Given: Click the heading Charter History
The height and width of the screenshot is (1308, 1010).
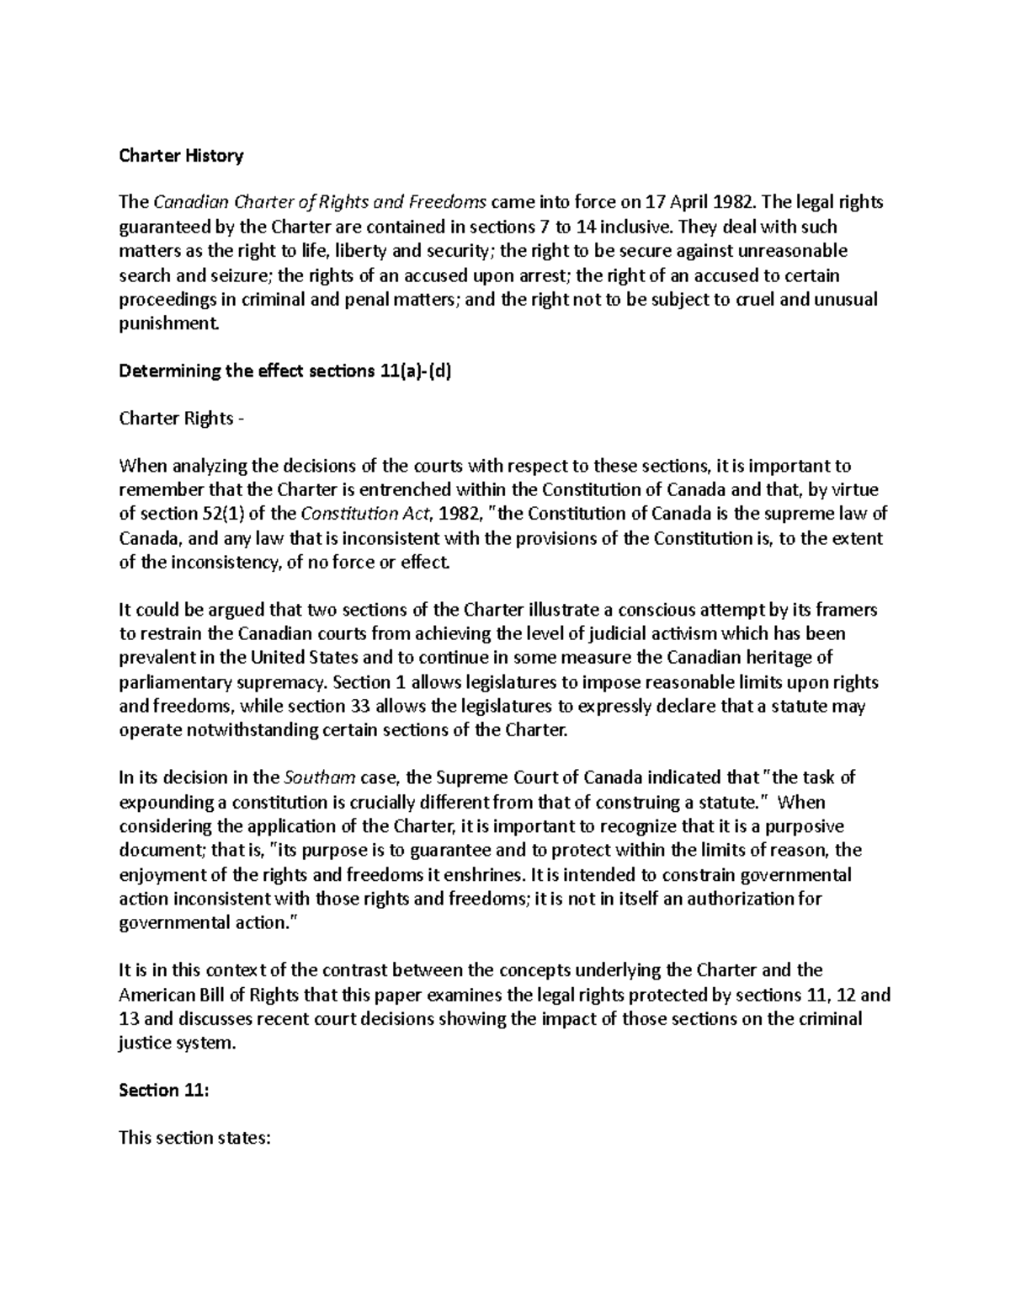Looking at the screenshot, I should point(181,156).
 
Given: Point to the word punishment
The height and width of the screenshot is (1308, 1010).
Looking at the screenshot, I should point(167,323).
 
